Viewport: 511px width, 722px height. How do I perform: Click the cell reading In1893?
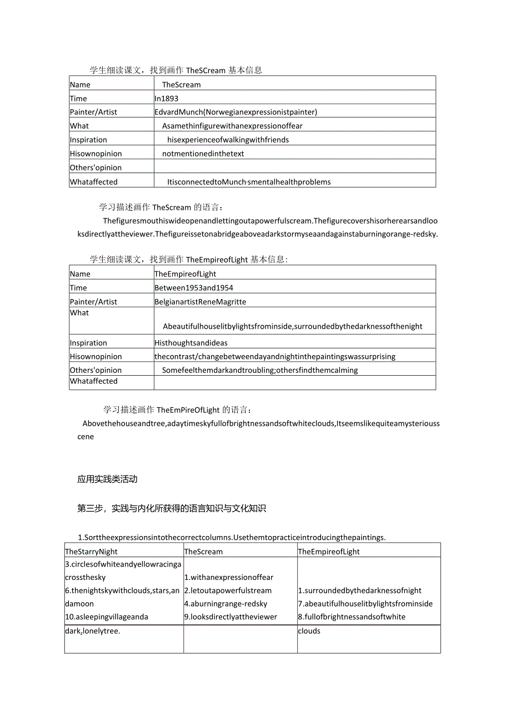click(167, 98)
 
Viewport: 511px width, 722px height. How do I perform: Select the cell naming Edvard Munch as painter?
click(236, 112)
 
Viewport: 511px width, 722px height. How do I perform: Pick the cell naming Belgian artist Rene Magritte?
click(200, 301)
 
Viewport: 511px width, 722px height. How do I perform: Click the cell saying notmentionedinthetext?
click(203, 153)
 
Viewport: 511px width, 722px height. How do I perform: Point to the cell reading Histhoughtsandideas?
click(191, 342)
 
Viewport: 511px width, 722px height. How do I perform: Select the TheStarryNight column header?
click(92, 551)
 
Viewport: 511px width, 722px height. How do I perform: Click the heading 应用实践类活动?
click(107, 479)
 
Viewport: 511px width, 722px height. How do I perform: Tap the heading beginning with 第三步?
click(172, 508)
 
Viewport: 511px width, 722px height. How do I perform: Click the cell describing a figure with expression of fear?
click(232, 125)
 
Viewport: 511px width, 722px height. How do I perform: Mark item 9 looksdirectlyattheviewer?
click(230, 617)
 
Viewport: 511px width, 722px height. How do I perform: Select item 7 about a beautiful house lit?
click(365, 603)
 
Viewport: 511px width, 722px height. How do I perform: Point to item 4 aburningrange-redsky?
click(226, 603)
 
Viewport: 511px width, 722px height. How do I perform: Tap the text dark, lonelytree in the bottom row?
click(92, 631)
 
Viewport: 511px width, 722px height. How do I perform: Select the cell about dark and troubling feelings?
click(260, 370)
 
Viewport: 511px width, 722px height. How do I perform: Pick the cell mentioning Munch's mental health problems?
click(249, 181)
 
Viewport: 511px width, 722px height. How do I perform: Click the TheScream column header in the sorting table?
click(203, 551)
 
